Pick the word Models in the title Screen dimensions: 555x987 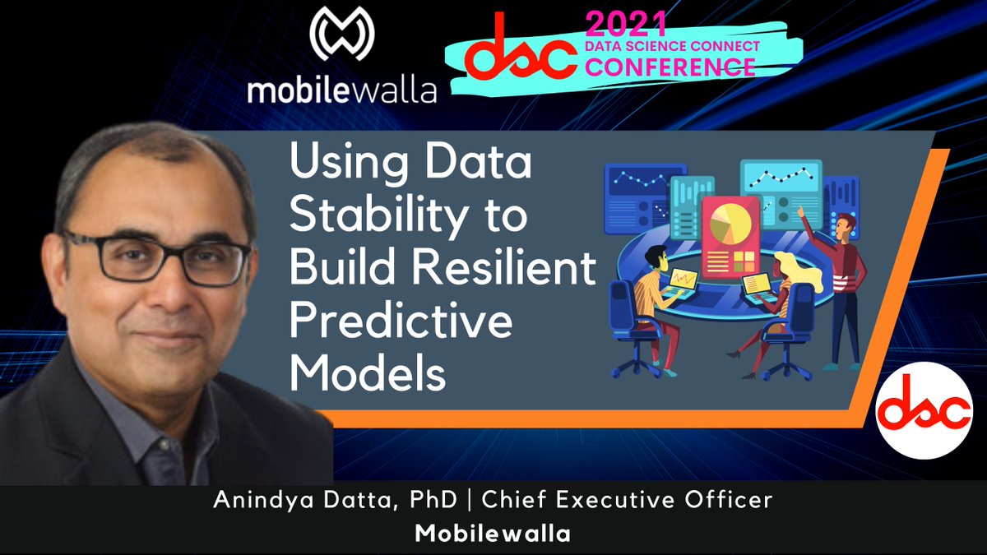click(x=368, y=374)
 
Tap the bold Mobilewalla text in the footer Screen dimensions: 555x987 click(x=492, y=533)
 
